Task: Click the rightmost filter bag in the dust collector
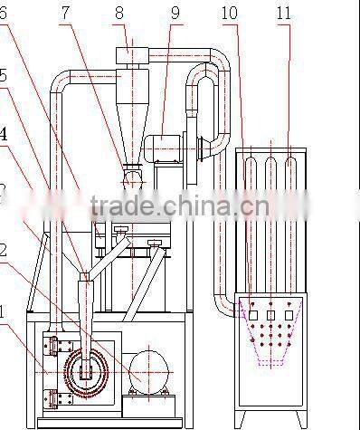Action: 290,186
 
